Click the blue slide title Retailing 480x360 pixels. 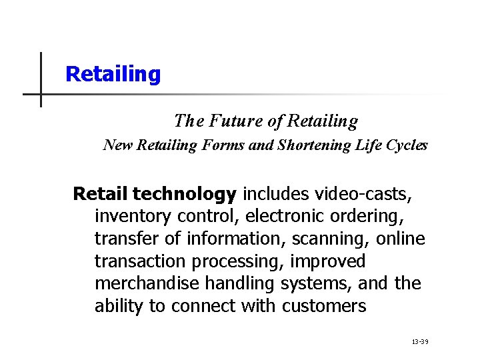point(113,74)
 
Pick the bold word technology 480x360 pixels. point(184,194)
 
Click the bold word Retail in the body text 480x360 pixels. point(100,194)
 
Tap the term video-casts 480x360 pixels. point(363,194)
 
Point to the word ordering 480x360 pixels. point(367,217)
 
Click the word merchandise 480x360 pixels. point(147,284)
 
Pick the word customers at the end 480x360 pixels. point(324,307)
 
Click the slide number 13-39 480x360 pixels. point(420,341)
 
